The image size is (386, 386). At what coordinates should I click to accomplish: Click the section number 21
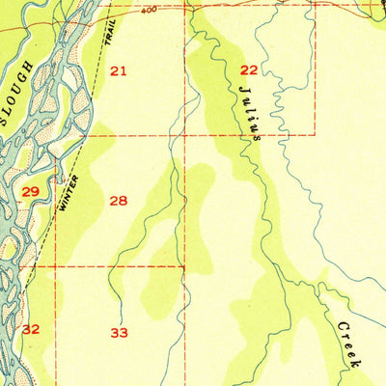(x=118, y=70)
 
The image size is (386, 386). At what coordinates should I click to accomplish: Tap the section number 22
(x=249, y=69)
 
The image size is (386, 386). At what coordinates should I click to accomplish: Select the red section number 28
(x=118, y=201)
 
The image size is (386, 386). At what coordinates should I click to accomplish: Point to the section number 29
(x=30, y=193)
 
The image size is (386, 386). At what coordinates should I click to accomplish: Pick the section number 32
(x=31, y=329)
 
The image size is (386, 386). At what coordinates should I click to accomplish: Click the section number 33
(x=119, y=333)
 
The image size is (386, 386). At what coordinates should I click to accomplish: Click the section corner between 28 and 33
(x=184, y=265)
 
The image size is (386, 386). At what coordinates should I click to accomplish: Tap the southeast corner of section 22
(x=316, y=134)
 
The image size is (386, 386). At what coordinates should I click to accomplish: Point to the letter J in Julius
(x=241, y=86)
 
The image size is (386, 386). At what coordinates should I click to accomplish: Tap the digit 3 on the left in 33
(x=114, y=333)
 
